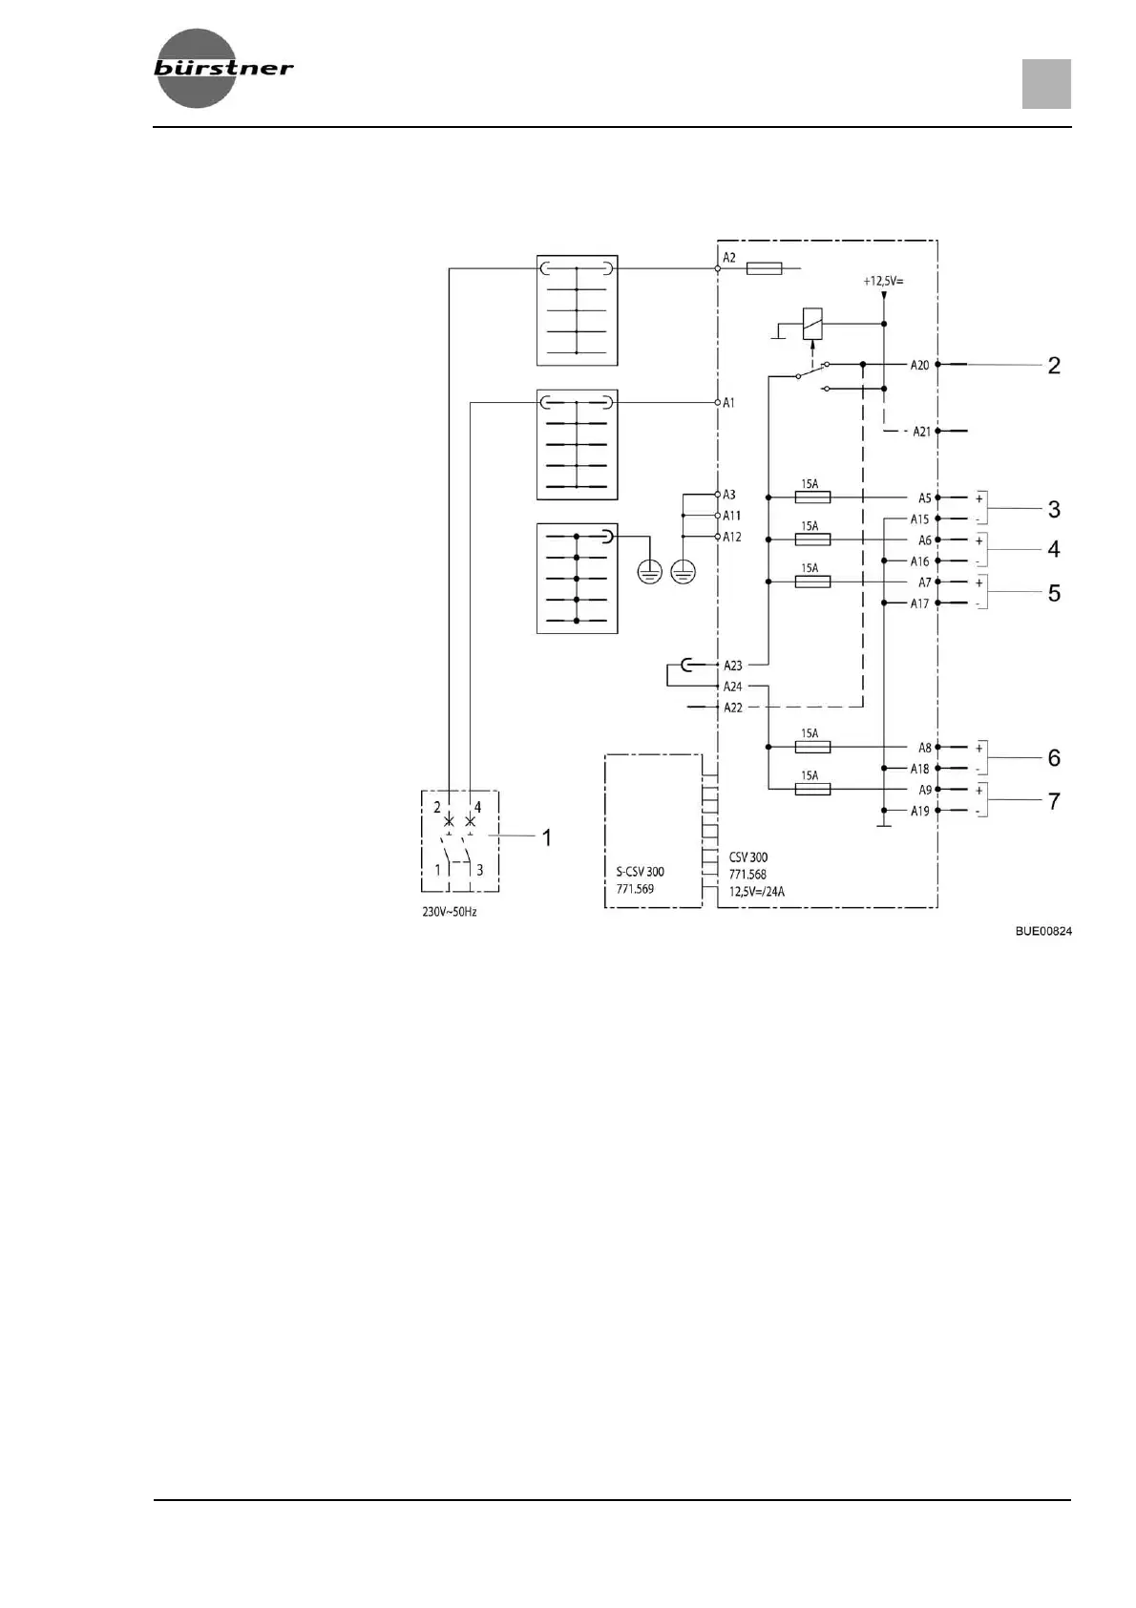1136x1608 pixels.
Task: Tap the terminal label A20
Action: pyautogui.click(x=919, y=365)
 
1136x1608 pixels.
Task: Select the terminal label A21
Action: pyautogui.click(x=921, y=432)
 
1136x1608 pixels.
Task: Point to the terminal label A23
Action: pyautogui.click(x=732, y=666)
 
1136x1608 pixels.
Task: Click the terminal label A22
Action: pyautogui.click(x=732, y=708)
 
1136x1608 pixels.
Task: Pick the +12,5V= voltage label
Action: pyautogui.click(x=883, y=281)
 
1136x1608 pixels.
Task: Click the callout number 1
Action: pyautogui.click(x=547, y=837)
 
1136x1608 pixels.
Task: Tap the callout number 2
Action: pyautogui.click(x=1054, y=366)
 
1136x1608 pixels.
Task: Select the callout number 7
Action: pyautogui.click(x=1054, y=801)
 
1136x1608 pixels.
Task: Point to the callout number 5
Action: pyautogui.click(x=1054, y=593)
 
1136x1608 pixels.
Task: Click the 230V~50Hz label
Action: pyautogui.click(x=450, y=912)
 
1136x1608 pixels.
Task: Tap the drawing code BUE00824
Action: pyautogui.click(x=1043, y=931)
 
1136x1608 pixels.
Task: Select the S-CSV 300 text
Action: pyautogui.click(x=640, y=872)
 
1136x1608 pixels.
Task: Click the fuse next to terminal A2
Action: pyautogui.click(x=764, y=269)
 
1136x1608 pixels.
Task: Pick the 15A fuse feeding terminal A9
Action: pyautogui.click(x=811, y=789)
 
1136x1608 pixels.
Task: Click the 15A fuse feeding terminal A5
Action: pyautogui.click(x=811, y=497)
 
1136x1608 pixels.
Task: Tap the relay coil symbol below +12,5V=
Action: pyautogui.click(x=812, y=323)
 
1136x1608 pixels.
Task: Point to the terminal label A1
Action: pyautogui.click(x=728, y=403)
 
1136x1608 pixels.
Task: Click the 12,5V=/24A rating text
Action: pyautogui.click(x=757, y=892)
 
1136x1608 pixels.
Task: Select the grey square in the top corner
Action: pyautogui.click(x=1046, y=84)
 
